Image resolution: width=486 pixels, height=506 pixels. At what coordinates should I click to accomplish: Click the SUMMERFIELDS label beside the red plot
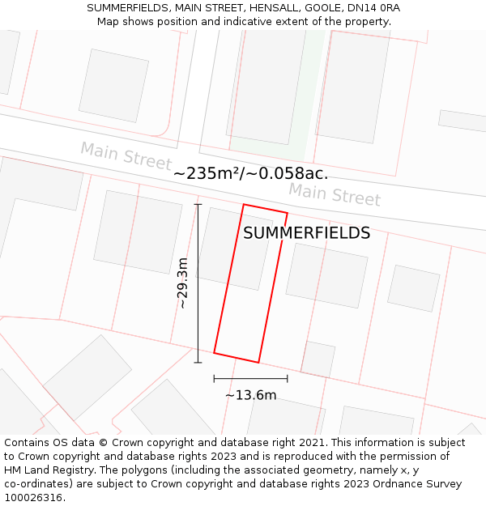[306, 233]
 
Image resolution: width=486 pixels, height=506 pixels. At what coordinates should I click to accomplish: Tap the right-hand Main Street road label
[335, 194]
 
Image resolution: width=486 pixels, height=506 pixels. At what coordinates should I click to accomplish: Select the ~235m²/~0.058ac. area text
[250, 173]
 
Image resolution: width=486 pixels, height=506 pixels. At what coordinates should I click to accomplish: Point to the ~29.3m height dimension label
[183, 283]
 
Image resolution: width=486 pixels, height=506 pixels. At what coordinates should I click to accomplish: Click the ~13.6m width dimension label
[250, 395]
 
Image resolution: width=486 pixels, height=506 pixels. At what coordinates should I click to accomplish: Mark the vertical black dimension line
[198, 283]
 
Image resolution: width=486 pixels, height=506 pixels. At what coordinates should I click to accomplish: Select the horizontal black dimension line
[250, 378]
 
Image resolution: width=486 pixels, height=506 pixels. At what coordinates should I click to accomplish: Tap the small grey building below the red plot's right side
[318, 359]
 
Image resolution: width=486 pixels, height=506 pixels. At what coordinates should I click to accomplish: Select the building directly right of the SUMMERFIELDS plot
[326, 275]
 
